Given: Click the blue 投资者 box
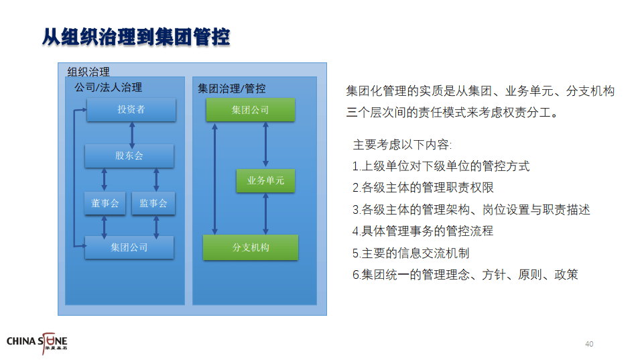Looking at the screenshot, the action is (x=131, y=109).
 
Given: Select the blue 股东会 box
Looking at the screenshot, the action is (x=129, y=156).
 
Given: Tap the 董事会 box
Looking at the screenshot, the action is (x=105, y=203).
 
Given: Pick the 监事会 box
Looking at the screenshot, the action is (x=153, y=203).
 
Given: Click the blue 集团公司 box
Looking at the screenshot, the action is (x=129, y=247).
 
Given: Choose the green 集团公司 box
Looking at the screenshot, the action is (x=251, y=110).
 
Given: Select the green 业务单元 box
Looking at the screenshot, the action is (x=266, y=180).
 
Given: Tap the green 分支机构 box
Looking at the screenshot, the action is (x=251, y=247).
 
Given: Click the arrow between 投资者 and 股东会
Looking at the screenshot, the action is (x=132, y=135).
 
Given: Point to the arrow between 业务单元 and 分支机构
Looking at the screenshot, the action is (x=266, y=214).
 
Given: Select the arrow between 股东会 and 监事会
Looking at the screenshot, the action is (x=156, y=180).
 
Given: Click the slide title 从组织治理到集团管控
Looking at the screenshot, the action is (x=136, y=37).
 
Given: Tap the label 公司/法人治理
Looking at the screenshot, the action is (x=108, y=87).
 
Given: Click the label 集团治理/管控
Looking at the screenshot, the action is (x=232, y=88).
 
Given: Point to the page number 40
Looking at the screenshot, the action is (x=589, y=344).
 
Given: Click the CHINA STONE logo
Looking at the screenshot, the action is (x=37, y=343).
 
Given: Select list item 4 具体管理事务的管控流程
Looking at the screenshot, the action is (x=423, y=231).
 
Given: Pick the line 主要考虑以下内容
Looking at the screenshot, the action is (x=403, y=145).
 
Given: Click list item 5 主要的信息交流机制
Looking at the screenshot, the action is (x=411, y=253).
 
